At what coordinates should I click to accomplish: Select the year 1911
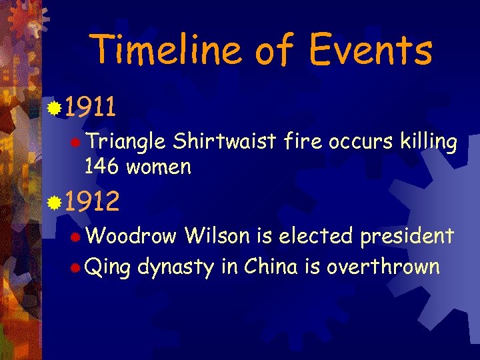click(91, 106)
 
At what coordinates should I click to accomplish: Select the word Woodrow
click(131, 235)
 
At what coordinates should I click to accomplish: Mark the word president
click(407, 236)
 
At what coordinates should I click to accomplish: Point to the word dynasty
click(176, 268)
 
